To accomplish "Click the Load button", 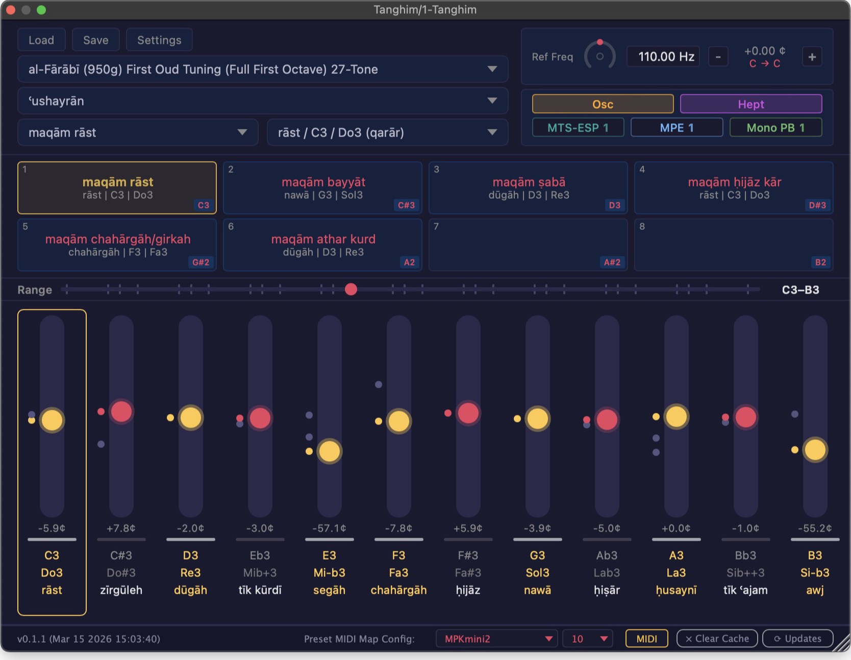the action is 41,40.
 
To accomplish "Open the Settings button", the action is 159,40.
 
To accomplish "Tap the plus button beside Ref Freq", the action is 812,57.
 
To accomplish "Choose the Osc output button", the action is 603,104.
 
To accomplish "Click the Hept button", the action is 751,104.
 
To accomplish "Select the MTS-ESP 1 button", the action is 578,127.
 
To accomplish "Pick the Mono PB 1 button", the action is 775,127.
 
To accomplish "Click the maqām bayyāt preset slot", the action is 322,188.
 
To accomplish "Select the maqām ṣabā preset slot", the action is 528,188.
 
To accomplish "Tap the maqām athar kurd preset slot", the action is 322,245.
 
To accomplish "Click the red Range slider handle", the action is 351,289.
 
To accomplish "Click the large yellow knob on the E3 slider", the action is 329,451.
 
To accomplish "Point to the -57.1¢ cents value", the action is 329,528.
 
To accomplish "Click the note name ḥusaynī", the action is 676,590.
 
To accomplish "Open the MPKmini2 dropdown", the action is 496,639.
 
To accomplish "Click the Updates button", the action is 797,639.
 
